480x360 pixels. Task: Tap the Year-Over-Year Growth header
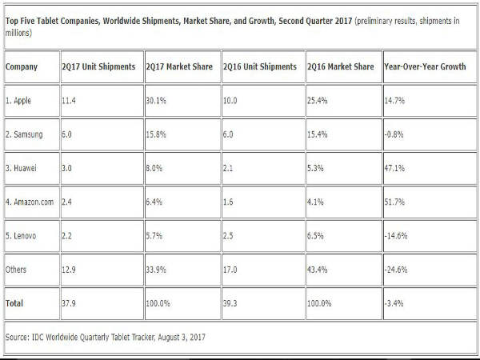424,66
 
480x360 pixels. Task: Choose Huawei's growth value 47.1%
397,168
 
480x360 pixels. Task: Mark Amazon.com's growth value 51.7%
397,202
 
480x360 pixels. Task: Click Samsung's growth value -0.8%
396,135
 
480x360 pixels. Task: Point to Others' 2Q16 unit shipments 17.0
233,269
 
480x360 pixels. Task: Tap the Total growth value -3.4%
396,303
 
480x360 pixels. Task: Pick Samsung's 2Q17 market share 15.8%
155,135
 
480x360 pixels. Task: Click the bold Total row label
16,303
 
